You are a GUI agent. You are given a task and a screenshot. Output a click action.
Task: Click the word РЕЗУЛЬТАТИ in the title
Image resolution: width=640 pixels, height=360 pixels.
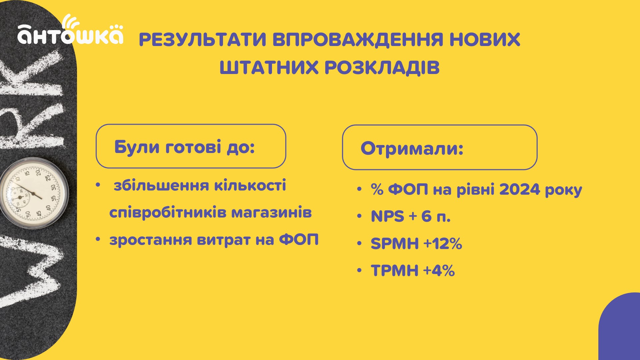203,39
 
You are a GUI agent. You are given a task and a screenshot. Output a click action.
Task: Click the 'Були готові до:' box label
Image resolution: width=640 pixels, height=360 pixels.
185,147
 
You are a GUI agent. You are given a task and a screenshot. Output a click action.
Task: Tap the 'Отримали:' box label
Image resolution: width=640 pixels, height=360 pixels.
412,148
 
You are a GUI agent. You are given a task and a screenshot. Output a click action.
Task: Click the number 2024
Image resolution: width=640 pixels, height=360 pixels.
520,189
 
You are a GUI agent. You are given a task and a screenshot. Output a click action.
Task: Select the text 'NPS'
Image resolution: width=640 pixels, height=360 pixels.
387,216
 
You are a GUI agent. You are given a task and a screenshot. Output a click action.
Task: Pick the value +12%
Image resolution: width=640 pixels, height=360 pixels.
443,243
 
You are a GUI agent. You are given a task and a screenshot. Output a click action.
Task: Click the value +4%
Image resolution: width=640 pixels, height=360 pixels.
439,270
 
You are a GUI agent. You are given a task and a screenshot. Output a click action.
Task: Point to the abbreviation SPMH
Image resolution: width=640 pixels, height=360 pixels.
395,244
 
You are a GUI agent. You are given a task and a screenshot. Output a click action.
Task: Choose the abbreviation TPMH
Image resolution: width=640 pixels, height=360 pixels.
395,270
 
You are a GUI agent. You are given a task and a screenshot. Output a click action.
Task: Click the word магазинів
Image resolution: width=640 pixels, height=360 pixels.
272,212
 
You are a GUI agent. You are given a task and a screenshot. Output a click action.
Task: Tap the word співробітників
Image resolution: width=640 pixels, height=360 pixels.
168,213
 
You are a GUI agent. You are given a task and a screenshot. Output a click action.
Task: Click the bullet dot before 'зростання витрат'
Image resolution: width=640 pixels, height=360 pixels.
98,240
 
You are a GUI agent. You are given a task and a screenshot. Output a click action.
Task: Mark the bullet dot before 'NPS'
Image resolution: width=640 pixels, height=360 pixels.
359,217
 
